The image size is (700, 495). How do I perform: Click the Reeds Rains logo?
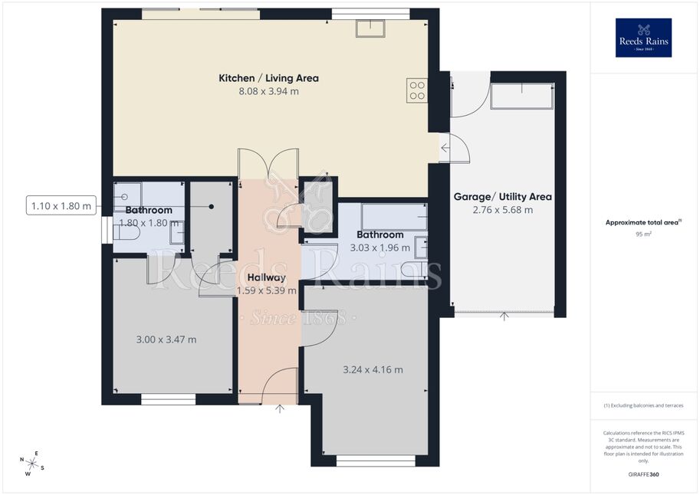pos(643,38)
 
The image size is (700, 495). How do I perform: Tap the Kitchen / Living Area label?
pos(269,78)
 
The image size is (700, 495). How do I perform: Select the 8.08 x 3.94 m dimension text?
pos(269,91)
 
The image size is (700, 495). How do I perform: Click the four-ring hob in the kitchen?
pos(417,90)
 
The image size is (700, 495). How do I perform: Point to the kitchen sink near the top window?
pos(370,28)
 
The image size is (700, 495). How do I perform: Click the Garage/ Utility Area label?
pos(503,197)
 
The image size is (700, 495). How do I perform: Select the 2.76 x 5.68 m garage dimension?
pos(503,210)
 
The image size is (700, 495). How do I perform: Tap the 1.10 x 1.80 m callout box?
pos(61,206)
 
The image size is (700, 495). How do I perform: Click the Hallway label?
pos(267,277)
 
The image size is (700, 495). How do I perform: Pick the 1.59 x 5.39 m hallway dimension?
pos(267,291)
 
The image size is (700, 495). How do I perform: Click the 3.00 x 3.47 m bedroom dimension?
pos(166,339)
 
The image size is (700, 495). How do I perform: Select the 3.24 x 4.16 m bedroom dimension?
pos(373,370)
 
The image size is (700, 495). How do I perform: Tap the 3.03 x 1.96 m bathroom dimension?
pos(380,248)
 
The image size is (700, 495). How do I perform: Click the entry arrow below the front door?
pos(280,408)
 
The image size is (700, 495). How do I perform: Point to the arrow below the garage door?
pos(504,316)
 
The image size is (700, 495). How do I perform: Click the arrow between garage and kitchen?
pos(445,148)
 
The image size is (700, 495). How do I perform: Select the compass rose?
pos(31,464)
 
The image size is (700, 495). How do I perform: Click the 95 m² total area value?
pos(643,234)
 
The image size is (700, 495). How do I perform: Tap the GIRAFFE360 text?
pos(643,474)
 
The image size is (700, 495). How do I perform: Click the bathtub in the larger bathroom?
pos(394,218)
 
